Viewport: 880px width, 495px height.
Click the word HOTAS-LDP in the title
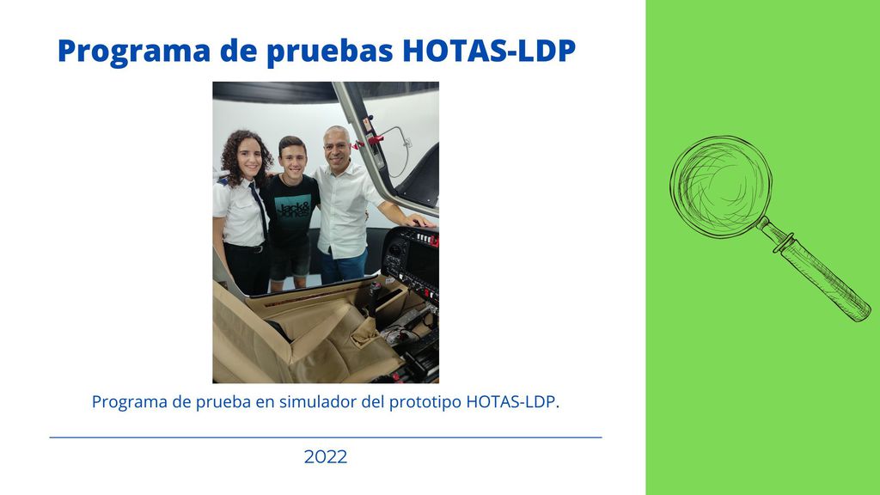pyautogui.click(x=489, y=50)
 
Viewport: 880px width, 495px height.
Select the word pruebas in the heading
pyautogui.click(x=329, y=52)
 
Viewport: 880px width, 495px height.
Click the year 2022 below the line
pyautogui.click(x=326, y=456)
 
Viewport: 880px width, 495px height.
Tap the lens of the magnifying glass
pyautogui.click(x=721, y=186)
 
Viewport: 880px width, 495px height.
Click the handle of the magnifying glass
pyautogui.click(x=819, y=272)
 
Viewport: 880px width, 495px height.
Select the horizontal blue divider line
pyautogui.click(x=326, y=437)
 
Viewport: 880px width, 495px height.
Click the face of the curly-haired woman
pyautogui.click(x=248, y=159)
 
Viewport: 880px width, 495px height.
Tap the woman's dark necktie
pyautogui.click(x=259, y=208)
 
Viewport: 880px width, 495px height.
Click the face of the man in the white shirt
pyautogui.click(x=337, y=149)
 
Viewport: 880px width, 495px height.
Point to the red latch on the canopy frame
pyautogui.click(x=374, y=139)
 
